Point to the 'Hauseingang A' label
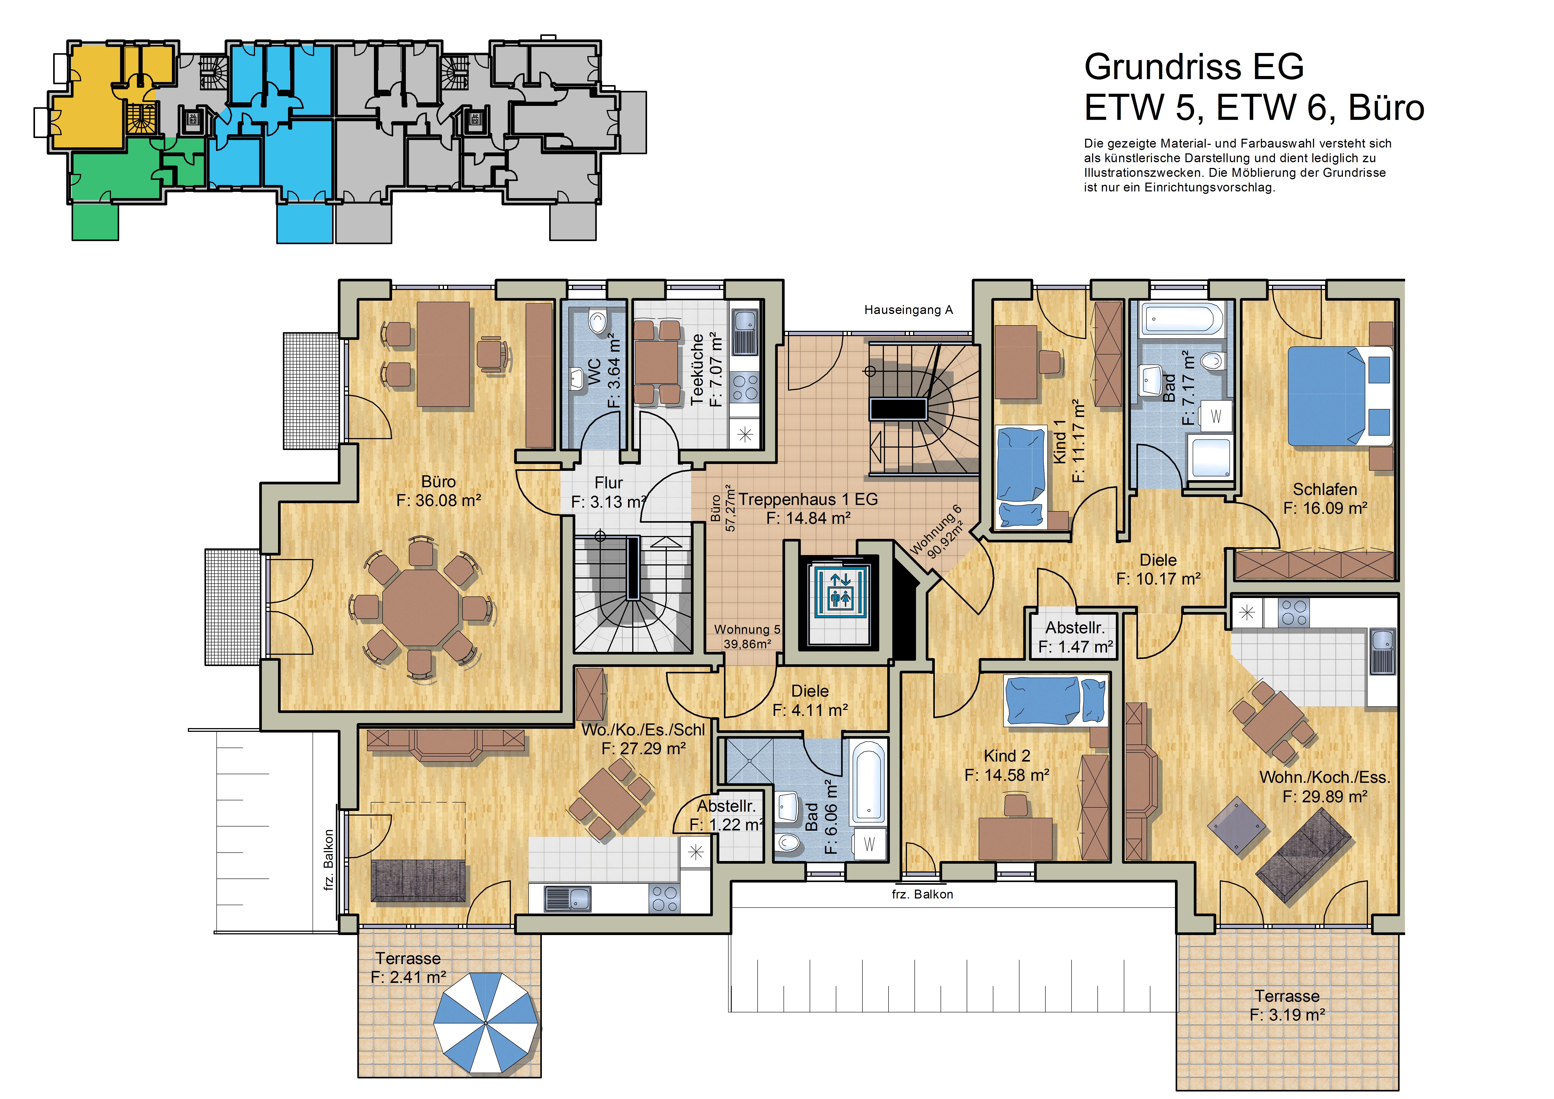[908, 310]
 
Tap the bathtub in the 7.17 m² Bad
[1183, 320]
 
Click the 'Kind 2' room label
[1007, 756]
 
